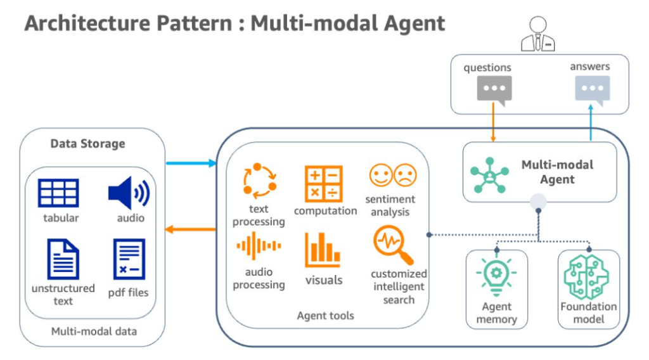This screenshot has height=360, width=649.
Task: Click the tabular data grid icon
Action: [58, 193]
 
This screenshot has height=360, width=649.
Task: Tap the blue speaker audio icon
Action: [129, 193]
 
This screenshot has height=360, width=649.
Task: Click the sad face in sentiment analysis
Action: [404, 176]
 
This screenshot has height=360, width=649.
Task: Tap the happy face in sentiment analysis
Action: [381, 176]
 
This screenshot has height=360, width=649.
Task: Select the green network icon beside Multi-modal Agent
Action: [489, 172]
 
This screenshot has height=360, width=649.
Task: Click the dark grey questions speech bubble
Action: [494, 90]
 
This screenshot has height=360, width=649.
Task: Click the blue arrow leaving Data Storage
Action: [191, 164]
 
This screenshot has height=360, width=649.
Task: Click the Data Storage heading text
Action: [87, 144]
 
